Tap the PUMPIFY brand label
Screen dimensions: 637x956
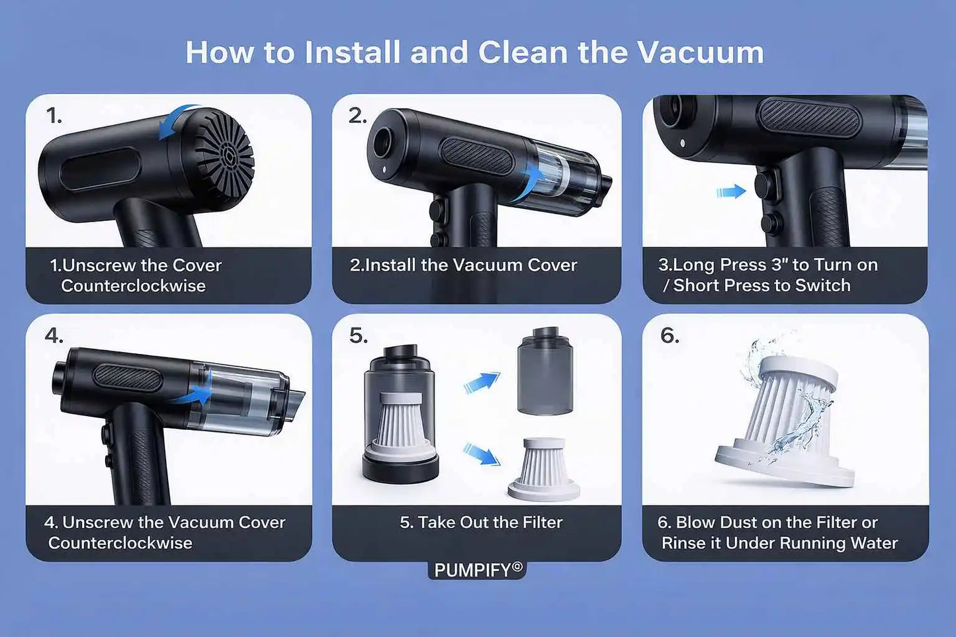[478, 570]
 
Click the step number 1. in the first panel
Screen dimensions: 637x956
[54, 116]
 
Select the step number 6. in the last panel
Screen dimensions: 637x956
[669, 335]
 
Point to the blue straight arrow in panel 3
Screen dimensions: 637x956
[730, 192]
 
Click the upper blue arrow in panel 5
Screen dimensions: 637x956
[481, 382]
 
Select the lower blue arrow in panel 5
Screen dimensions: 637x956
[481, 454]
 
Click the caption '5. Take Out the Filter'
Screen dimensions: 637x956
[481, 523]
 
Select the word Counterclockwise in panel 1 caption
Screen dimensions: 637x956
[133, 286]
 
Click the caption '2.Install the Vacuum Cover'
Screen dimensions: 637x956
[463, 265]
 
